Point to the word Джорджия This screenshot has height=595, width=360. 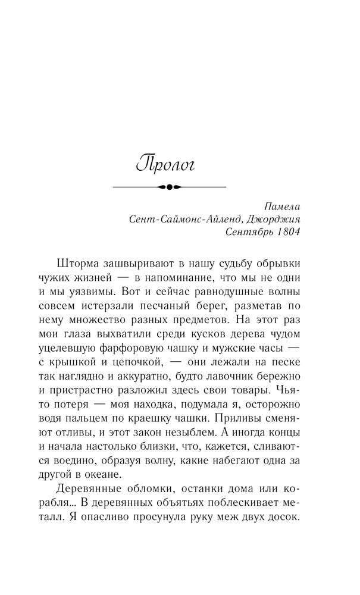[x=276, y=219]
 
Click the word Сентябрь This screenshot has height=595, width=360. [x=249, y=231]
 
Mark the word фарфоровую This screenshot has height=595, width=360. [x=157, y=348]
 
